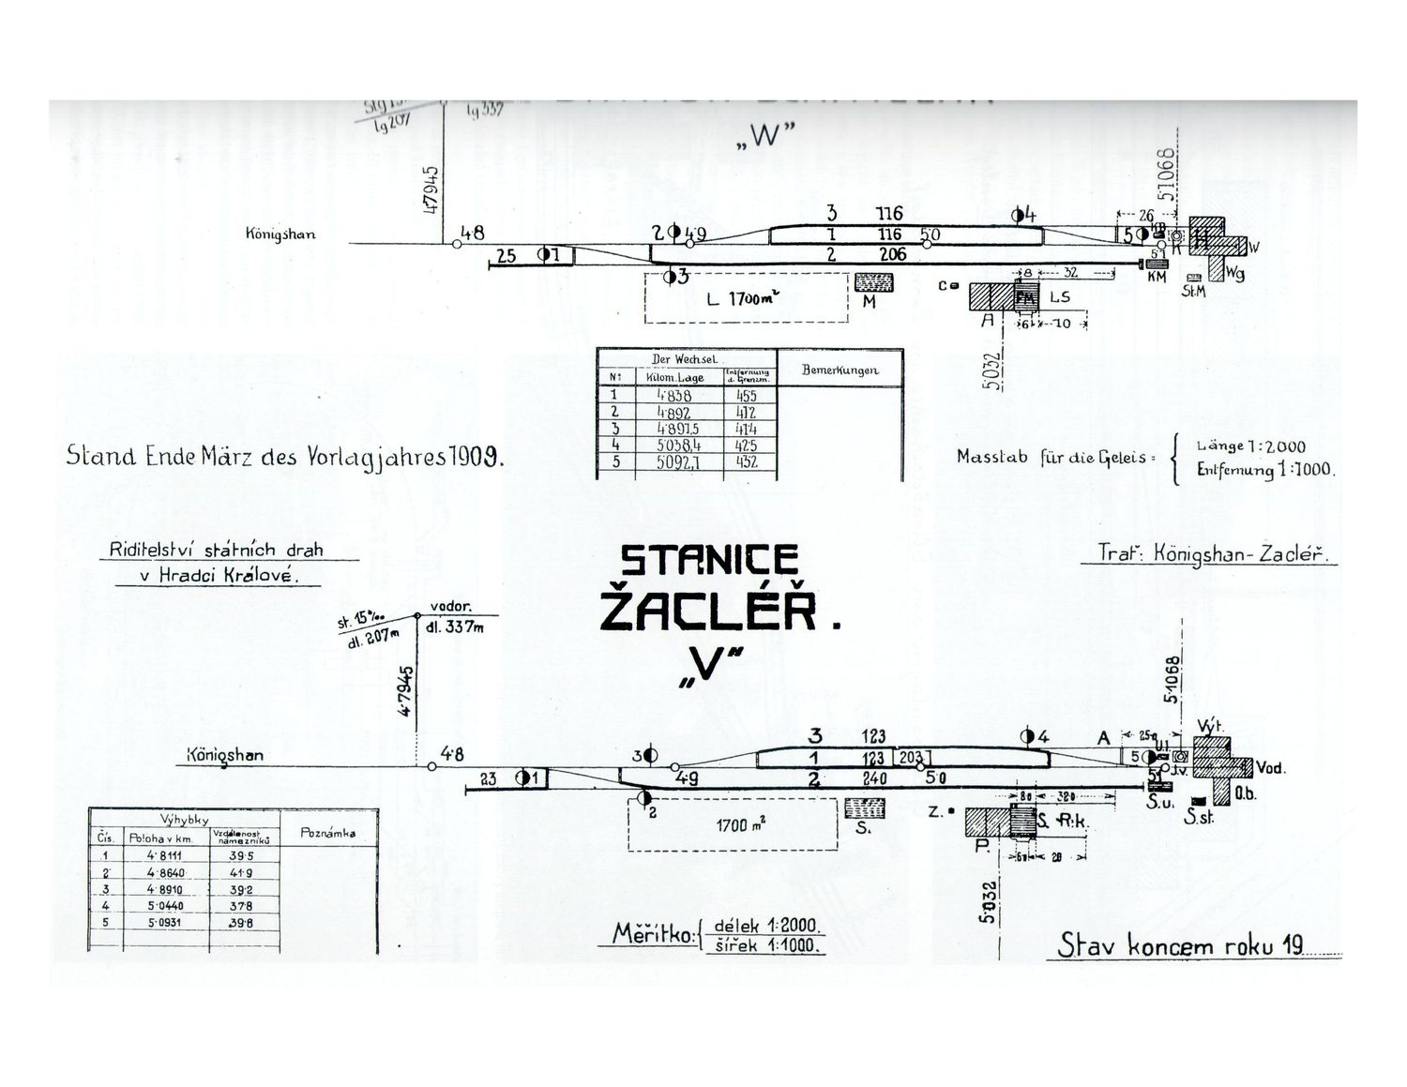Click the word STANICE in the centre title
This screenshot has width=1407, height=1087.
tap(709, 561)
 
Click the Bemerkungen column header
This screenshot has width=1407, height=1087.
tap(840, 370)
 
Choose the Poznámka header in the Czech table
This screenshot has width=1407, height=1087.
tap(327, 833)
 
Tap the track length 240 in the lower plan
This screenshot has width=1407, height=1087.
tap(874, 778)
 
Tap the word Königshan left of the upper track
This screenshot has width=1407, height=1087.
tap(280, 234)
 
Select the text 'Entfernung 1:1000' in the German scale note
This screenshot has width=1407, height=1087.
tap(1263, 470)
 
